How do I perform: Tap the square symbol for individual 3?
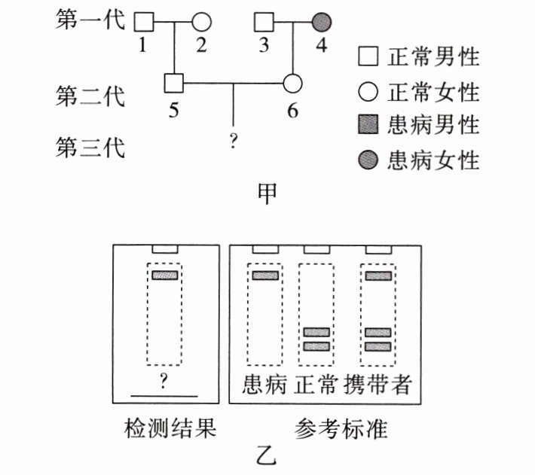click(264, 22)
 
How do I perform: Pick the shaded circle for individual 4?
click(321, 22)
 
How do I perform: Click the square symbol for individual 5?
click(174, 83)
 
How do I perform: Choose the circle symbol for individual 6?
click(292, 83)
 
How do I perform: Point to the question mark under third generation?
click(234, 142)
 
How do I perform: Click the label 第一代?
click(90, 22)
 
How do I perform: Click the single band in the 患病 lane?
click(265, 276)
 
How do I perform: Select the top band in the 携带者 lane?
click(378, 276)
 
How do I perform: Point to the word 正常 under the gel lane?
click(316, 385)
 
